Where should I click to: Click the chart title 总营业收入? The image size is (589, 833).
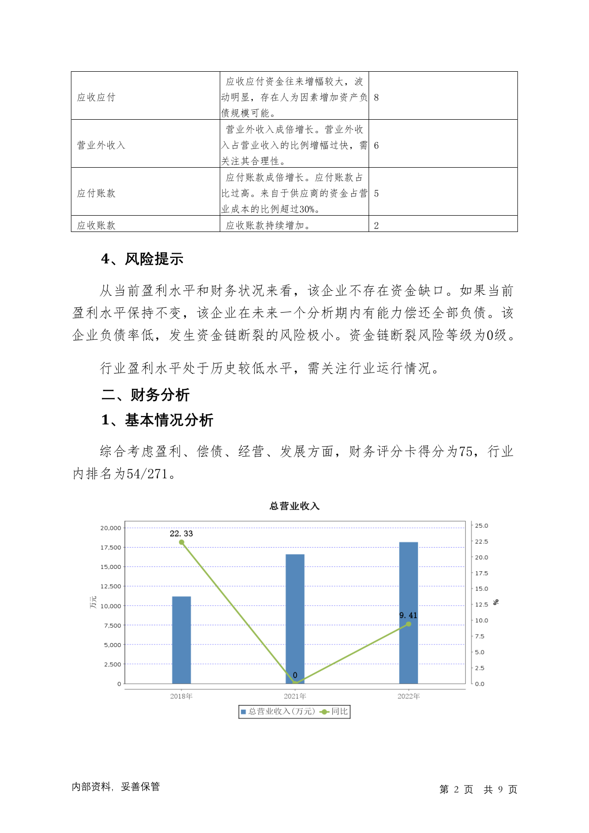point(294,506)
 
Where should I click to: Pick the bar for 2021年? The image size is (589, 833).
point(295,618)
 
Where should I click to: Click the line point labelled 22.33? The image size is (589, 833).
point(181,542)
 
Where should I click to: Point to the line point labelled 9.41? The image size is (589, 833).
point(408,624)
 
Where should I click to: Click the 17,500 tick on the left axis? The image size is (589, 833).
point(111,548)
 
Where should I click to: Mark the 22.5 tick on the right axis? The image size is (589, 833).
point(481,542)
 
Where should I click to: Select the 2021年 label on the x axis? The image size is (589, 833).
point(295,696)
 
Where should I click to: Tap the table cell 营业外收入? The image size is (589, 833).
point(101,145)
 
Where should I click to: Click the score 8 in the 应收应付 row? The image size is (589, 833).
point(376,97)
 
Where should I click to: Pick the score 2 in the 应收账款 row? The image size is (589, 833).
point(376,226)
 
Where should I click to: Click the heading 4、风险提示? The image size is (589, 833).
point(142,259)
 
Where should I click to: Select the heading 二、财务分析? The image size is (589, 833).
point(145,395)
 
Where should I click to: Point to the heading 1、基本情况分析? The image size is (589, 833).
point(157,420)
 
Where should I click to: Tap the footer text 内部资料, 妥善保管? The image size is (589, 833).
point(116,787)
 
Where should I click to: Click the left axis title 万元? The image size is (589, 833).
point(93,602)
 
